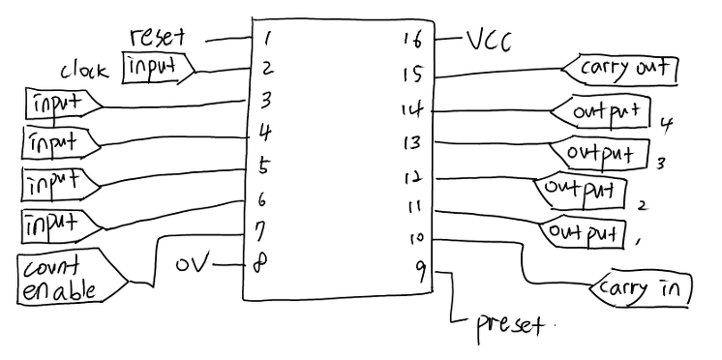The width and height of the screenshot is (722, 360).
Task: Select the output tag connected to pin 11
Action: (x=583, y=234)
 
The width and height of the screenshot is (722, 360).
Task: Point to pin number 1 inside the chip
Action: (x=265, y=40)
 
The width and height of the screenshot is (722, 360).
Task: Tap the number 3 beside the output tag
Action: (x=660, y=164)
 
